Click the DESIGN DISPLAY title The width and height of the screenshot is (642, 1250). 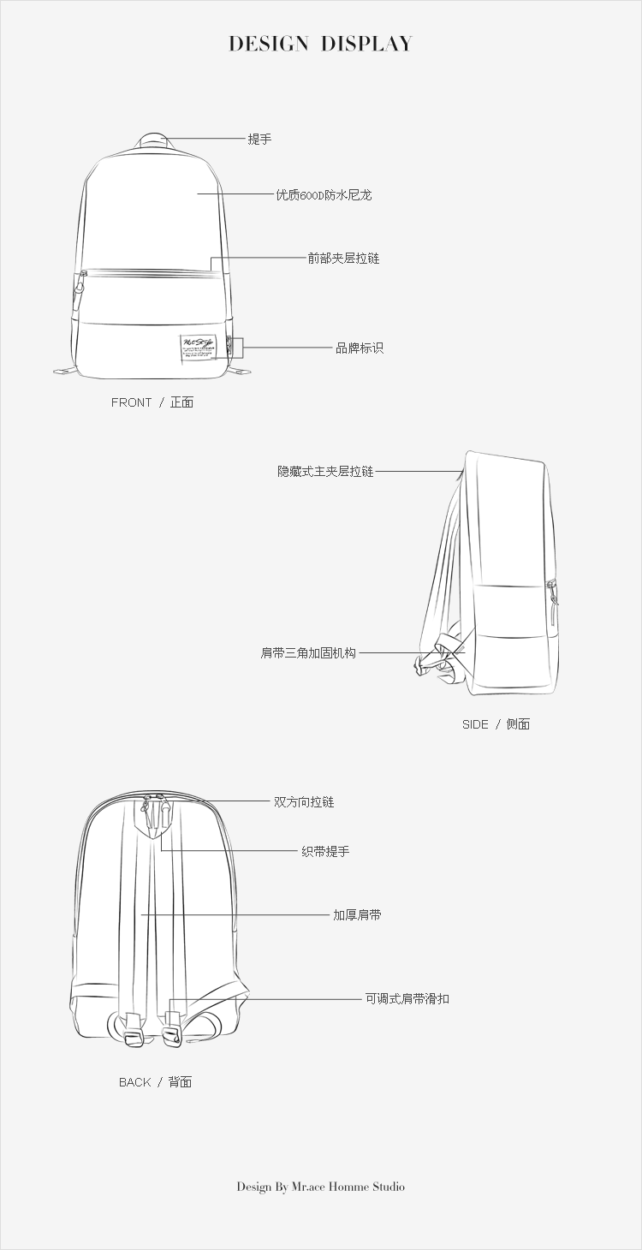point(320,44)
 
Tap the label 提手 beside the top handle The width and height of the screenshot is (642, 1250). point(259,139)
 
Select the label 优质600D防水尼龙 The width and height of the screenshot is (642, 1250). point(324,195)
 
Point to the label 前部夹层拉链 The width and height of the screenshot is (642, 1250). point(343,258)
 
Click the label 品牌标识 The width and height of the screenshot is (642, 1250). point(360,348)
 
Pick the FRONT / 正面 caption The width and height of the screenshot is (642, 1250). point(152,402)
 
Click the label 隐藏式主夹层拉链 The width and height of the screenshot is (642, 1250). point(325,471)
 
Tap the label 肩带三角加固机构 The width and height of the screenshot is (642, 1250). point(308,652)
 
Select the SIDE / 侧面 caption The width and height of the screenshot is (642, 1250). point(496,724)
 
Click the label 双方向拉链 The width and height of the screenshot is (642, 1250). point(304,802)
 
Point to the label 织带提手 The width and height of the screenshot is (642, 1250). point(325,852)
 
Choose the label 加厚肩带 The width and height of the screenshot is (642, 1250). point(357,915)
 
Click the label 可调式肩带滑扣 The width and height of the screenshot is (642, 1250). point(407,998)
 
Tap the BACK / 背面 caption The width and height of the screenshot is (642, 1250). point(155,1082)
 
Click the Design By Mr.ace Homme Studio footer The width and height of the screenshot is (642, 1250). point(320,1187)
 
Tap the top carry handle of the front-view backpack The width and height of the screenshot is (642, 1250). point(154,140)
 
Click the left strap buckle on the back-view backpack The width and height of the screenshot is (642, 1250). point(133,1030)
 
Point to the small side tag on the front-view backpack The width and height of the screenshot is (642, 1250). point(230,348)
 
